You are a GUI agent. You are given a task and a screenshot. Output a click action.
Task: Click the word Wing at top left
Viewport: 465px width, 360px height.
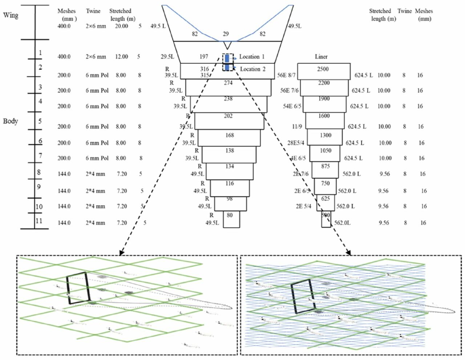[x=11, y=15]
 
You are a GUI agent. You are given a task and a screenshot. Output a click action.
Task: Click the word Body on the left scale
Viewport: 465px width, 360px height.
[x=11, y=121]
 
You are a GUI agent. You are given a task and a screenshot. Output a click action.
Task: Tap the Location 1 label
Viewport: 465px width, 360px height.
[x=252, y=57]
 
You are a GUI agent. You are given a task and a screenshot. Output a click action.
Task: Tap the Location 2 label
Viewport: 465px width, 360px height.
[x=252, y=69]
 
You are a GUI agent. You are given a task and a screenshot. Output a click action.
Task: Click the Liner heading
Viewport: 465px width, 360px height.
[x=321, y=57]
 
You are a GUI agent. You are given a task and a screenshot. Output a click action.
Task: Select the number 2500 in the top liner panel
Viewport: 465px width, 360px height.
[x=323, y=69]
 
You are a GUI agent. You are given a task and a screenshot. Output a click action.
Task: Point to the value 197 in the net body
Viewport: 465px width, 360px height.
[x=204, y=57]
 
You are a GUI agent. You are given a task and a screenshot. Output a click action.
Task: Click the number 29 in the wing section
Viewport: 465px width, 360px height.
[x=226, y=34]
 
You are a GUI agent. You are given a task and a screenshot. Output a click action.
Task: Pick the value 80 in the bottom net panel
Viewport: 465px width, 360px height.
[x=230, y=215]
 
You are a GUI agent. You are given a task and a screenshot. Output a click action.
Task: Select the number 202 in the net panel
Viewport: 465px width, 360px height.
[x=228, y=116]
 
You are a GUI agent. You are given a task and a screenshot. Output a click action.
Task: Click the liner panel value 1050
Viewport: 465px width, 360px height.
[x=325, y=150]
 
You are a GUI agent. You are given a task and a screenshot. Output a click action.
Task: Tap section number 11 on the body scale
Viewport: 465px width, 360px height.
[x=39, y=221]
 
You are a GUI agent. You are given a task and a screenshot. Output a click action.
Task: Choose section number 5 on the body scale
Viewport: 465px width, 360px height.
[x=40, y=121]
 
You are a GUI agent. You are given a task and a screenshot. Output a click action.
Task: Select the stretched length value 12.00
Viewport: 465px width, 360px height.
[x=122, y=57]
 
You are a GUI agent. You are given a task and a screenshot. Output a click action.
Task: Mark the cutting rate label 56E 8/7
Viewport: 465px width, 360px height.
[x=286, y=75]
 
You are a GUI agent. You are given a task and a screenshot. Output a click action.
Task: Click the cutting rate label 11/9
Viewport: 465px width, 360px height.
[x=297, y=126]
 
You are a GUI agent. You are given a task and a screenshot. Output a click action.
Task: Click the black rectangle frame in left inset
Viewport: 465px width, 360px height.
[x=78, y=288]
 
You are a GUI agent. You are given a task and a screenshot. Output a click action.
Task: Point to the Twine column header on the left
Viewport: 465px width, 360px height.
[x=93, y=11]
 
